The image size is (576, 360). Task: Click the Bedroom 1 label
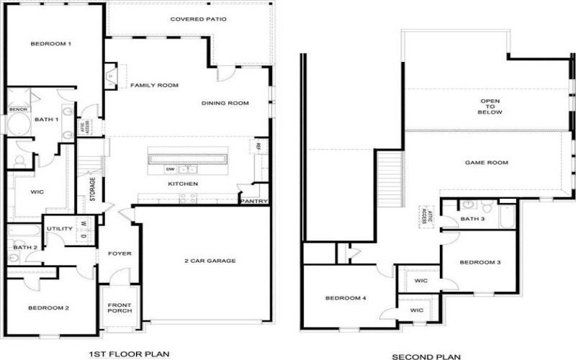[50, 45]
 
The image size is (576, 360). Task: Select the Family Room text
[154, 86]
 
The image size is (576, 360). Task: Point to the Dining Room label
[225, 104]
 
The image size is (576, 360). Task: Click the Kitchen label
[183, 184]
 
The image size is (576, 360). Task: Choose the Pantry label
[254, 202]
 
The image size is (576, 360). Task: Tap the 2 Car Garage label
[209, 261]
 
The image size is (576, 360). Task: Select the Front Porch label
[119, 307]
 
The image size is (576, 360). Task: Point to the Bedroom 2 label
[48, 308]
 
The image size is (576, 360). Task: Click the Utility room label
[60, 229]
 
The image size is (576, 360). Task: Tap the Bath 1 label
[46, 120]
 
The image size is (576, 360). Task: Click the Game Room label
[487, 163]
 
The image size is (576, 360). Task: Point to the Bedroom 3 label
[480, 262]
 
